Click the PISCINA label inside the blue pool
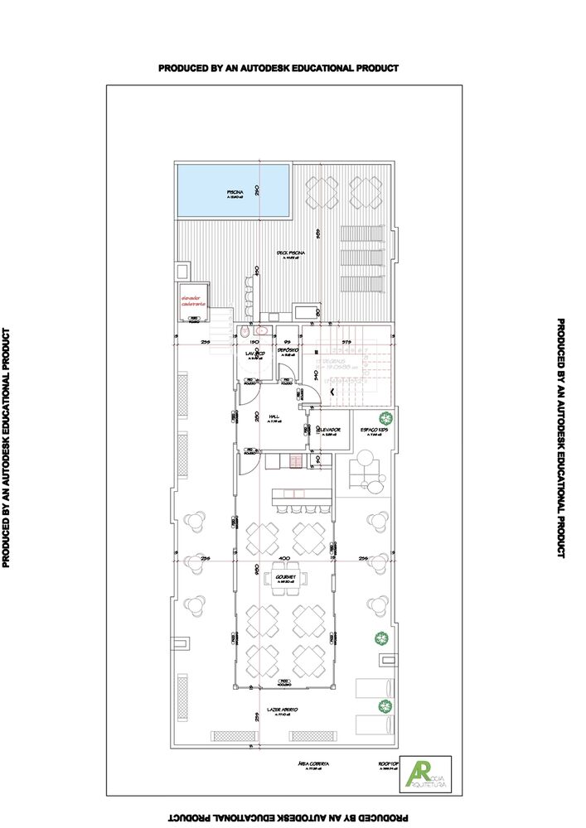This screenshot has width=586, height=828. pos(235,192)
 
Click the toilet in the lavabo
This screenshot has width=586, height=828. pos(245,332)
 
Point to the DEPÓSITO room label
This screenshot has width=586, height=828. pos(288,351)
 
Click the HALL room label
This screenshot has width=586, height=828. pos(274,418)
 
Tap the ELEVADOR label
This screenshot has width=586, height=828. pos(328,430)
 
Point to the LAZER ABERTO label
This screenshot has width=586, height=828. pos(283,710)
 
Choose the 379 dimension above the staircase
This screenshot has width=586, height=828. pos(347,341)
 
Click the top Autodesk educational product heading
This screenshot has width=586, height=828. pos(278,68)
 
